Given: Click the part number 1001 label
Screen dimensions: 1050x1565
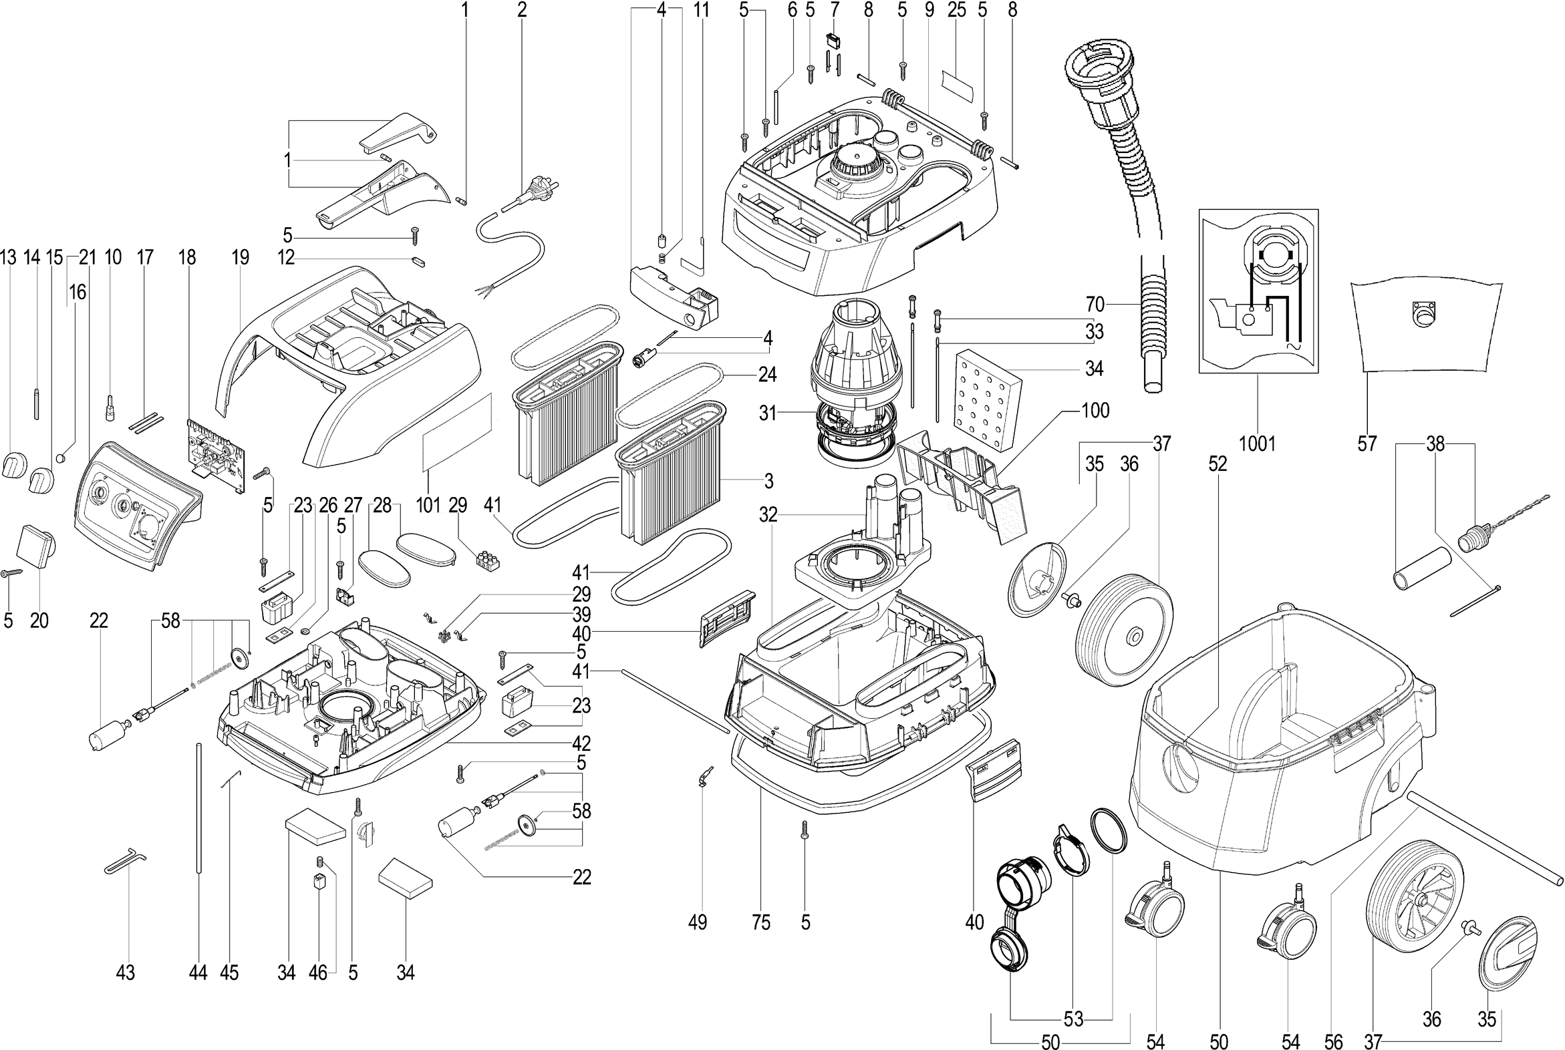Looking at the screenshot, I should (1257, 444).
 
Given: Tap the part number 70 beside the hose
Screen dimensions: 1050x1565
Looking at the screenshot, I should (1095, 305).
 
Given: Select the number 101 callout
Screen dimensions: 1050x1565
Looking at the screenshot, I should (428, 505).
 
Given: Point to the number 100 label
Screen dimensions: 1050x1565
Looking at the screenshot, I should (1095, 411).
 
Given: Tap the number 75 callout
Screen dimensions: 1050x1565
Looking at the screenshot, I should (761, 923).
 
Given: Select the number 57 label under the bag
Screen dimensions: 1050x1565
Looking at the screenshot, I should (1367, 444).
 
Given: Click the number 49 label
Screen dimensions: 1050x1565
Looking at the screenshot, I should (698, 923).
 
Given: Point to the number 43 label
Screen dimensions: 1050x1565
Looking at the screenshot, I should (125, 973).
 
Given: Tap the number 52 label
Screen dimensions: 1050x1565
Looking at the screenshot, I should (1218, 464).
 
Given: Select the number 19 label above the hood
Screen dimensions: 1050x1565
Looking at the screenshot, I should (240, 257).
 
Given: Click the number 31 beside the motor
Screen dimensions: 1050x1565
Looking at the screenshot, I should (768, 414).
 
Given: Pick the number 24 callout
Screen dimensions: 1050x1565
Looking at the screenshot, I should (767, 373).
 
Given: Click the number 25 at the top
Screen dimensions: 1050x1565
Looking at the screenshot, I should (957, 10).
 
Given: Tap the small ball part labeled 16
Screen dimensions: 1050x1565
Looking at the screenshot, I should (61, 459).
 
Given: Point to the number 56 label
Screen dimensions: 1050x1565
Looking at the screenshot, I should (1333, 1040).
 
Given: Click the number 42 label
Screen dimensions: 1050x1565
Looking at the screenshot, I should (581, 743).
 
